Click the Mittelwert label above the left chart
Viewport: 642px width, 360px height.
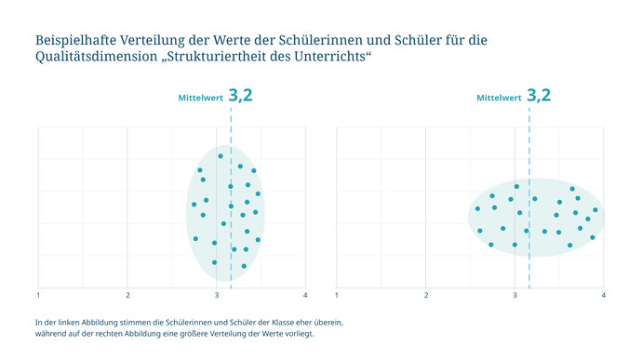click(200, 98)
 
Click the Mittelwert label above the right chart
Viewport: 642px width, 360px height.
click(499, 98)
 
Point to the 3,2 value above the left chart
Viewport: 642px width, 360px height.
click(240, 95)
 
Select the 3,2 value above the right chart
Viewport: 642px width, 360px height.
click(539, 95)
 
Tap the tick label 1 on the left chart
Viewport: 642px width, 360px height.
click(38, 295)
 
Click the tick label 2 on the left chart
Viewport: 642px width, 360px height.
click(127, 295)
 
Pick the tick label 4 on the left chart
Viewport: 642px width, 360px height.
click(305, 295)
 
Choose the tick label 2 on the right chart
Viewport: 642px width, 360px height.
click(426, 295)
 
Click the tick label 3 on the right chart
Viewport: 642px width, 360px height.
click(515, 295)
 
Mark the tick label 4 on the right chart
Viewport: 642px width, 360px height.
click(604, 295)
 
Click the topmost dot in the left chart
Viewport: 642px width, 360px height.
click(221, 155)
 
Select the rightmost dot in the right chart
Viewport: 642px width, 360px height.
click(595, 210)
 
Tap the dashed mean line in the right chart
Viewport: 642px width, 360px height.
click(529, 260)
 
